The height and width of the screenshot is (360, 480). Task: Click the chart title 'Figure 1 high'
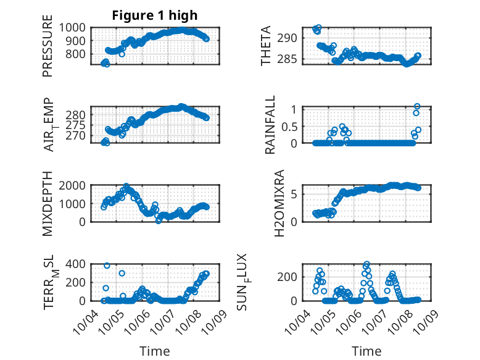(x=155, y=15)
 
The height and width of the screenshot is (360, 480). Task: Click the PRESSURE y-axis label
(x=48, y=51)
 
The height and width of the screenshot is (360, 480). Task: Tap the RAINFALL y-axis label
(x=270, y=127)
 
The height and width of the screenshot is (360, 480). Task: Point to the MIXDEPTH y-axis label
(x=48, y=204)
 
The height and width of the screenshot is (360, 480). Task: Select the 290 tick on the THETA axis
(x=291, y=38)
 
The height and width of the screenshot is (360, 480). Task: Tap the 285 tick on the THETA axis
(x=291, y=59)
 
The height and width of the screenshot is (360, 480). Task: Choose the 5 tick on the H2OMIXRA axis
(x=295, y=194)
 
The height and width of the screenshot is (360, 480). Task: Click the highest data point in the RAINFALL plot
(x=417, y=107)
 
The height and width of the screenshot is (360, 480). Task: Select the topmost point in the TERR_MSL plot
(x=107, y=266)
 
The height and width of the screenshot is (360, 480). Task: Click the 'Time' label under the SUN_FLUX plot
(x=366, y=351)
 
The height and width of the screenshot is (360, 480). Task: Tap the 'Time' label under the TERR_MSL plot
(x=154, y=351)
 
